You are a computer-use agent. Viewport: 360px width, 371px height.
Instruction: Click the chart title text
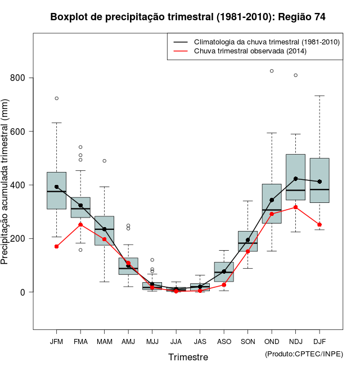click(x=187, y=17)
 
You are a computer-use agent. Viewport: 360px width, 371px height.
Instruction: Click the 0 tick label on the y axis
click(x=22, y=292)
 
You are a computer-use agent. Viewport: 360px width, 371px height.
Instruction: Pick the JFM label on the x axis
click(x=56, y=342)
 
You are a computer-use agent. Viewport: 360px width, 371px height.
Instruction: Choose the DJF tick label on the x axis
click(x=319, y=342)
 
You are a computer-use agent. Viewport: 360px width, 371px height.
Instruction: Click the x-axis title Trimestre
click(x=188, y=357)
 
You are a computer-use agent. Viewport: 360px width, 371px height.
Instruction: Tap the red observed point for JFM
click(x=56, y=246)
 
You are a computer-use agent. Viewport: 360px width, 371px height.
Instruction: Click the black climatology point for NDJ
click(x=295, y=179)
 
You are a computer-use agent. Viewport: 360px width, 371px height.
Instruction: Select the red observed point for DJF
click(x=319, y=224)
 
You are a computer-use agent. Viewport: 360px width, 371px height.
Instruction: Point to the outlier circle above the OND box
click(x=272, y=71)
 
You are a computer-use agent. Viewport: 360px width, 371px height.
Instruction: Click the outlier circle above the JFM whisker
click(x=56, y=98)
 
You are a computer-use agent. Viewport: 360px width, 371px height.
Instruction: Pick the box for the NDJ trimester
click(x=295, y=177)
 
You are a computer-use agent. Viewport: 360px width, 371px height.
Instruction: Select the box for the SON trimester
click(x=247, y=241)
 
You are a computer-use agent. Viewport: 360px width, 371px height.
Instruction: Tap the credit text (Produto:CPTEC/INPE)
click(x=304, y=354)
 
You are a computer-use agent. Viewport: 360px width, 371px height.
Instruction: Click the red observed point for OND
click(x=272, y=214)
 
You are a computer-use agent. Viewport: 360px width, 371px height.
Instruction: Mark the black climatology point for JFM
click(x=56, y=187)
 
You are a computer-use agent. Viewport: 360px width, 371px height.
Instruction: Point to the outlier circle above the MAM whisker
click(x=104, y=161)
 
